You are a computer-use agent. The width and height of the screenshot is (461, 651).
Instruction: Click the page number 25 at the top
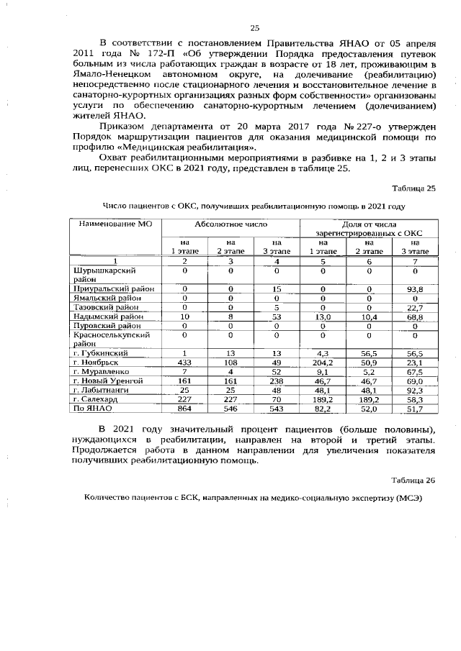pyautogui.click(x=254, y=28)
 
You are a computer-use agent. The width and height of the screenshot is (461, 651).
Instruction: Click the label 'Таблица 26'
pyautogui.click(x=413, y=479)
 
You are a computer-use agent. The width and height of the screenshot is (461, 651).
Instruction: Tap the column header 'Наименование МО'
pyautogui.click(x=112, y=224)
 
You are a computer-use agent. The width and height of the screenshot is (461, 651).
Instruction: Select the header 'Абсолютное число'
pyautogui.click(x=230, y=224)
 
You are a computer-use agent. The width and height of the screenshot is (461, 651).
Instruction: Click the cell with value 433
pyautogui.click(x=184, y=363)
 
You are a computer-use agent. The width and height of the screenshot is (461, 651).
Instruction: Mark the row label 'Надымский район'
pyautogui.click(x=108, y=316)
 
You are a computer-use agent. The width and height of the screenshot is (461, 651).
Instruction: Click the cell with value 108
pyautogui.click(x=230, y=363)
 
